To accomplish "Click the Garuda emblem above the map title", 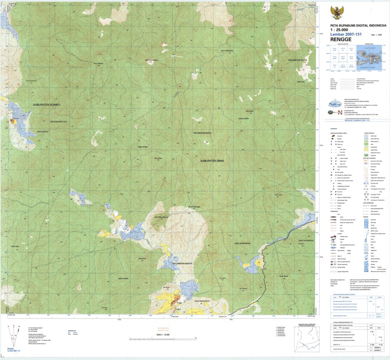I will pyautogui.click(x=337, y=12).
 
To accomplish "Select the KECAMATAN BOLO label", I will pyautogui.click(x=202, y=133).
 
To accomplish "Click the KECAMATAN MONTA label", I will pyautogui.click(x=183, y=263).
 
